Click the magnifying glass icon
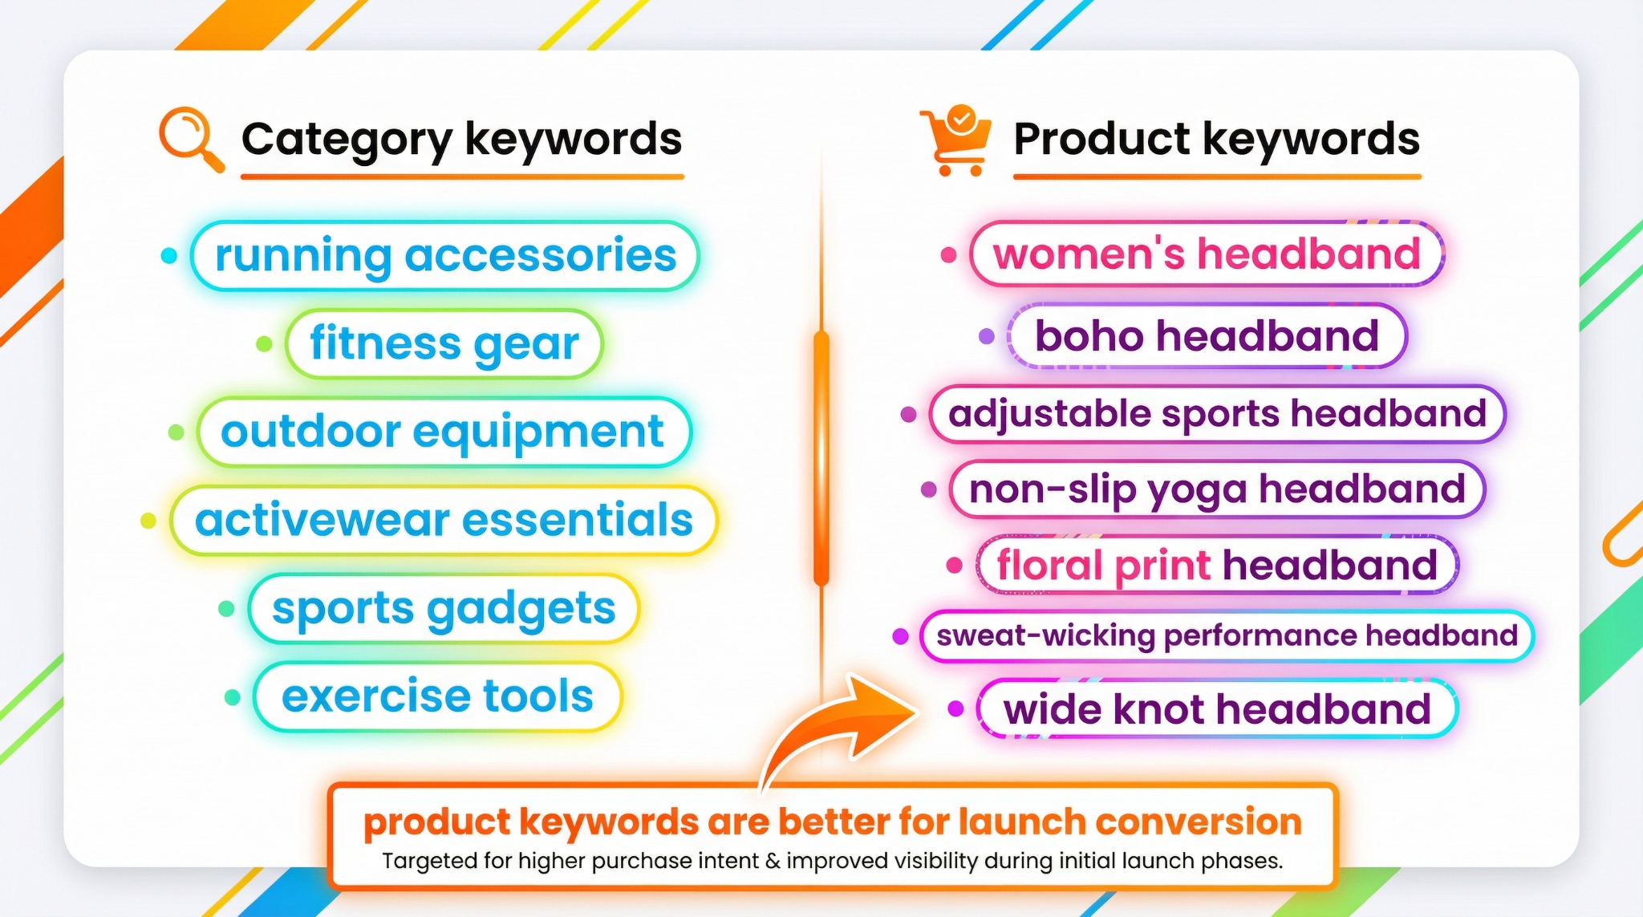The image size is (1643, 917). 189,138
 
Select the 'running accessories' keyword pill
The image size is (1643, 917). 445,256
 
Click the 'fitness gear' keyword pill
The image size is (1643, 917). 444,344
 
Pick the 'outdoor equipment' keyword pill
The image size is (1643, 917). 443,432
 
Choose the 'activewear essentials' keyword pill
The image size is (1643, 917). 444,520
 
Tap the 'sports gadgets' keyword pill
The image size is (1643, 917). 444,608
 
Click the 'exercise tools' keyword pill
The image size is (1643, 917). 438,696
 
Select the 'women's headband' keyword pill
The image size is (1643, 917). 1207,254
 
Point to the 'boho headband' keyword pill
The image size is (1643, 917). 1207,336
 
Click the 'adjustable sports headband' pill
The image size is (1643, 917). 1217,414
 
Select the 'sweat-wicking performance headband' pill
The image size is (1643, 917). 1227,636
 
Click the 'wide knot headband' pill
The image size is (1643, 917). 1217,709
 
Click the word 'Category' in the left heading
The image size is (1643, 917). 347,140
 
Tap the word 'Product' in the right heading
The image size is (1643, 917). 1101,140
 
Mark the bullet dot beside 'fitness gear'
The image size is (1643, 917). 264,345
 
